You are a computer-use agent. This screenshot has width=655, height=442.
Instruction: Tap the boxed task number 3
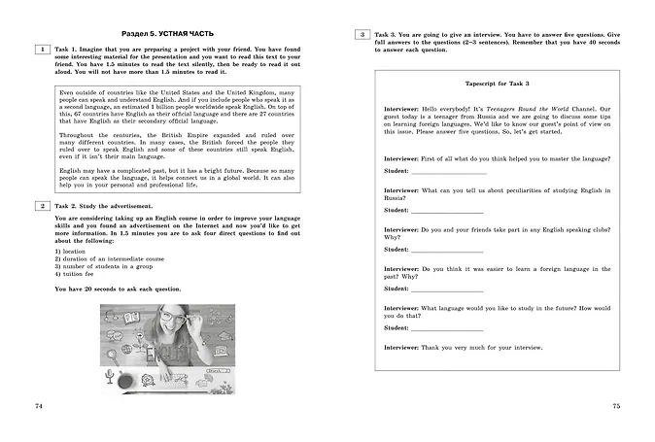tap(362, 35)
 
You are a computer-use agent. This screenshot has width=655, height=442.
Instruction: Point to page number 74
tap(38, 405)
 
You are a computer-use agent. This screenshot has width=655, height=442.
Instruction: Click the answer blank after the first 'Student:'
tap(448, 172)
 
